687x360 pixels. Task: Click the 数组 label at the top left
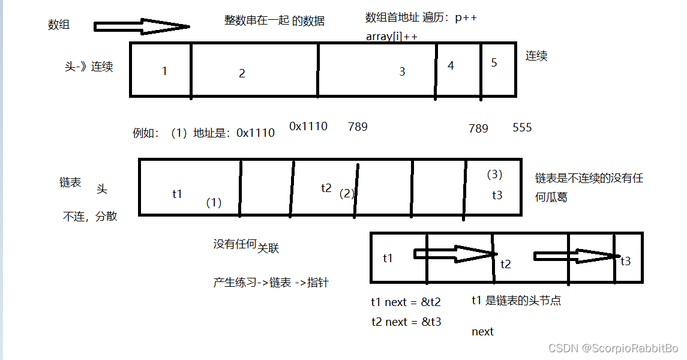59,25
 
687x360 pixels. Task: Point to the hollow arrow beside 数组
142,26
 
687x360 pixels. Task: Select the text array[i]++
392,37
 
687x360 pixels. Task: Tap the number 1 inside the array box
164,71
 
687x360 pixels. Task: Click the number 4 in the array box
451,65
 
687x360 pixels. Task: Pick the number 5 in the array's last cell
494,62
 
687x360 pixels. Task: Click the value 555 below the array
522,128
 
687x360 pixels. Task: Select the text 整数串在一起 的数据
274,21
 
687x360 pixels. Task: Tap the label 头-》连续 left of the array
89,67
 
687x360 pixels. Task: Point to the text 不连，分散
90,217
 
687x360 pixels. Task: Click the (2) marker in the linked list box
347,194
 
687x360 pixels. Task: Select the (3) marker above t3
494,175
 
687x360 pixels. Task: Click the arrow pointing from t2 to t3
575,256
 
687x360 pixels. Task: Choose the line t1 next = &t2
406,302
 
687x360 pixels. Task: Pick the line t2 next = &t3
406,322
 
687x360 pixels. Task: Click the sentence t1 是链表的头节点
516,301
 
